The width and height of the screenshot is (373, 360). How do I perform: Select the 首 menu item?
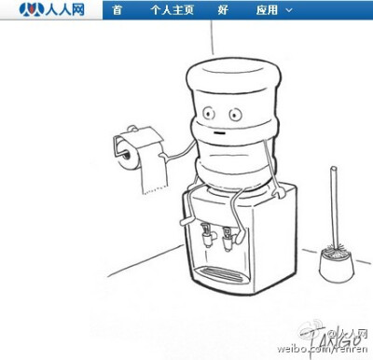116,11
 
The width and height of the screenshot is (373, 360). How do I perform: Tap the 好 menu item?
222,11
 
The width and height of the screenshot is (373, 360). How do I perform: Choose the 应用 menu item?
268,11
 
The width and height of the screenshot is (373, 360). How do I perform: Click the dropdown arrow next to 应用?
289,11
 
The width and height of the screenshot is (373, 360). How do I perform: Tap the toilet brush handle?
334,205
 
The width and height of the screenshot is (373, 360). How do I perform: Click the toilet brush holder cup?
335,265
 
